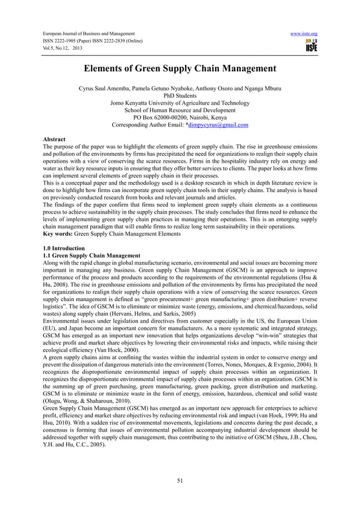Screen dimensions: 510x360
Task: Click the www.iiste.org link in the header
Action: [303, 34]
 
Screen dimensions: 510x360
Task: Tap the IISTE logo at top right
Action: [310, 45]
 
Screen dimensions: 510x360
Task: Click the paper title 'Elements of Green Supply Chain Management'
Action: [180, 69]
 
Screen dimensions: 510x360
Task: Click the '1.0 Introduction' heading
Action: [64, 249]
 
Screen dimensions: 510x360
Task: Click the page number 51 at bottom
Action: [180, 481]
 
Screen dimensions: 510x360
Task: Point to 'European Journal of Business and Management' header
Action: [89, 34]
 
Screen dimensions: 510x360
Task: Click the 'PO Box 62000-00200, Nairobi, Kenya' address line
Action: [180, 117]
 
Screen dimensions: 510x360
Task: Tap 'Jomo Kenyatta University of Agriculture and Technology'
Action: [180, 103]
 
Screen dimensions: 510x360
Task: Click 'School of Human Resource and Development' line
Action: [180, 110]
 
